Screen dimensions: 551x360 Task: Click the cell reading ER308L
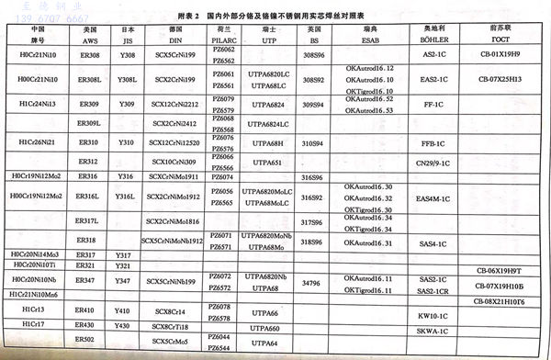tap(88, 81)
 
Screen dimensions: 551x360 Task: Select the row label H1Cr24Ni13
tap(38, 105)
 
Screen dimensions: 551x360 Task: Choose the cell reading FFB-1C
tap(428, 144)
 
